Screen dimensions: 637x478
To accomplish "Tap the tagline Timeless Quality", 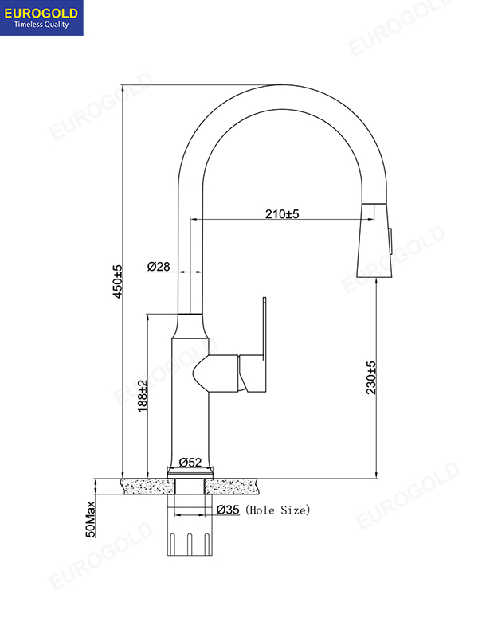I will (x=41, y=25).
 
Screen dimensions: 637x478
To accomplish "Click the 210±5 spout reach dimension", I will (x=281, y=213).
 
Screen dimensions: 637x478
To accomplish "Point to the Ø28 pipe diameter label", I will (x=159, y=267).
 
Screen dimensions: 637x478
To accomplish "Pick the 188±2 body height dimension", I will (x=143, y=394).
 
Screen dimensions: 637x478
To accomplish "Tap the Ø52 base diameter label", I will (x=190, y=462).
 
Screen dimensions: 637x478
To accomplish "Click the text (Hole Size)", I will (x=278, y=510).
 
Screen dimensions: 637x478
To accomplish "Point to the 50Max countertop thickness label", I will (x=92, y=519).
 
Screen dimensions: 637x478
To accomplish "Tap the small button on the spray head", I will (x=391, y=236).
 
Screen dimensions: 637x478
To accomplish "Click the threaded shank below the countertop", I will (x=190, y=533).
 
